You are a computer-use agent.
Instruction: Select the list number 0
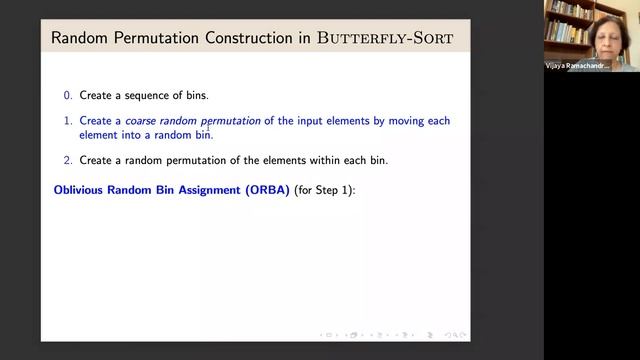click(68, 95)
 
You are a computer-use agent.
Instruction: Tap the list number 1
click(68, 121)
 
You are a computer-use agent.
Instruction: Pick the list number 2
click(68, 161)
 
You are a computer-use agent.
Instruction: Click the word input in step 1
click(325, 121)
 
